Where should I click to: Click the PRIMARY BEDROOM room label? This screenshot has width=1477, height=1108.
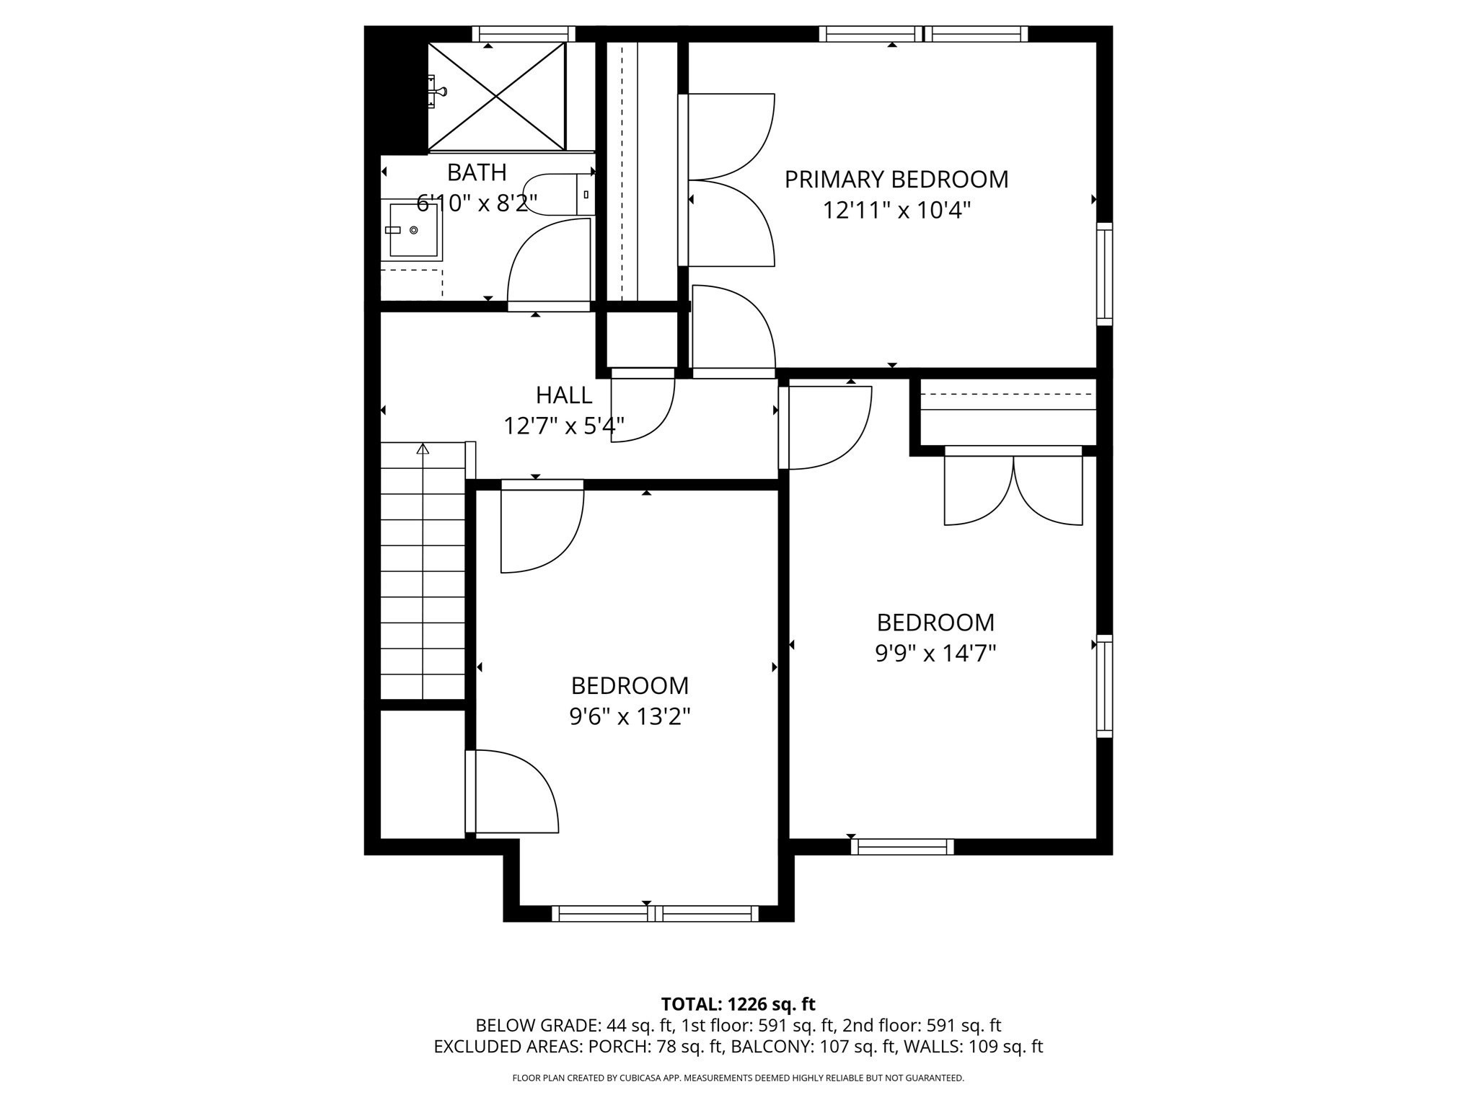[896, 179]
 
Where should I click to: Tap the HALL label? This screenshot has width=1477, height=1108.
[564, 395]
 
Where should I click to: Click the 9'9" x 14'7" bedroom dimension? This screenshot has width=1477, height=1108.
[935, 654]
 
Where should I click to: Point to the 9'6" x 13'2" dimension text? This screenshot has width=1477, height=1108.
[630, 716]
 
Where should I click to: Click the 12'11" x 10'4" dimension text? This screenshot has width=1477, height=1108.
[896, 211]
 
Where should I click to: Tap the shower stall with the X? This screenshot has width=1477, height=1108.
[496, 97]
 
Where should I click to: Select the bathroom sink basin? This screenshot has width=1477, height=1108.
[413, 230]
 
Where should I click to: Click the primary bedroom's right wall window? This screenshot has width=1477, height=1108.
[1104, 274]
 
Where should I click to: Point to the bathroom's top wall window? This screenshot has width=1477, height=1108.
[524, 34]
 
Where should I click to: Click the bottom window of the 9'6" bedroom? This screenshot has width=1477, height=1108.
[655, 913]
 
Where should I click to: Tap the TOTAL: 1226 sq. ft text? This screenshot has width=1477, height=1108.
[738, 1004]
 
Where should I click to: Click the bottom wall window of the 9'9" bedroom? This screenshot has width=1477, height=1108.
[902, 847]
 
